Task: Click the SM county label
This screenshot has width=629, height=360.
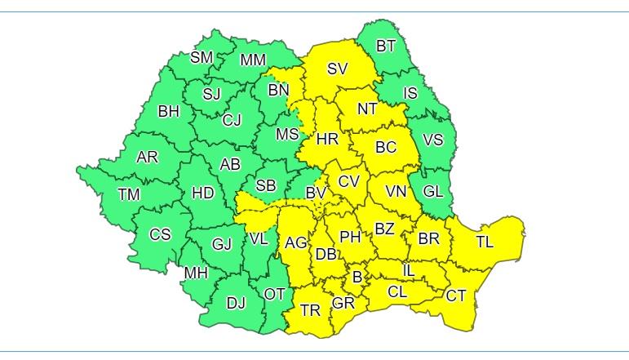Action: pyautogui.click(x=202, y=57)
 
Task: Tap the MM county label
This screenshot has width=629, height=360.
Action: pyautogui.click(x=253, y=60)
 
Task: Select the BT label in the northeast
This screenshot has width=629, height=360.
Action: pyautogui.click(x=387, y=46)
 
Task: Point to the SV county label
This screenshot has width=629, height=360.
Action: pyautogui.click(x=338, y=69)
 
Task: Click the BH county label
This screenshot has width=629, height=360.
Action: pyautogui.click(x=169, y=111)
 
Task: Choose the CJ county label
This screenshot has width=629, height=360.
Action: pyautogui.click(x=232, y=121)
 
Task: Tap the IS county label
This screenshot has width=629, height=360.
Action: pyautogui.click(x=410, y=93)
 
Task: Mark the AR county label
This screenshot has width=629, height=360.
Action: pyautogui.click(x=148, y=157)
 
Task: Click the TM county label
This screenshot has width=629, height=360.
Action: pyautogui.click(x=129, y=194)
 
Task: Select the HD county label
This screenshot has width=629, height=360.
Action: pyautogui.click(x=202, y=193)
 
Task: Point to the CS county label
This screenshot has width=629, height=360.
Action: pyautogui.click(x=160, y=234)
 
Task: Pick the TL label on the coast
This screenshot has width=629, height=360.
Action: pyautogui.click(x=485, y=242)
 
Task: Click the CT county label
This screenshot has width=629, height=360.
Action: pyautogui.click(x=455, y=296)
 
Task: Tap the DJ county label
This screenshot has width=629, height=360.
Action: pyautogui.click(x=236, y=304)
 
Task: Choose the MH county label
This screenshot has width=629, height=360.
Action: pyautogui.click(x=196, y=273)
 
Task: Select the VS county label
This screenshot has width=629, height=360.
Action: pyautogui.click(x=433, y=140)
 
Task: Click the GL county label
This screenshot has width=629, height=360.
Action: pyautogui.click(x=433, y=192)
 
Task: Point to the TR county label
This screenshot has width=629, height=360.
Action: pyautogui.click(x=310, y=310)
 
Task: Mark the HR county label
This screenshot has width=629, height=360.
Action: pyautogui.click(x=327, y=140)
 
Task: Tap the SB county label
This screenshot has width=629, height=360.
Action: pyautogui.click(x=266, y=186)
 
